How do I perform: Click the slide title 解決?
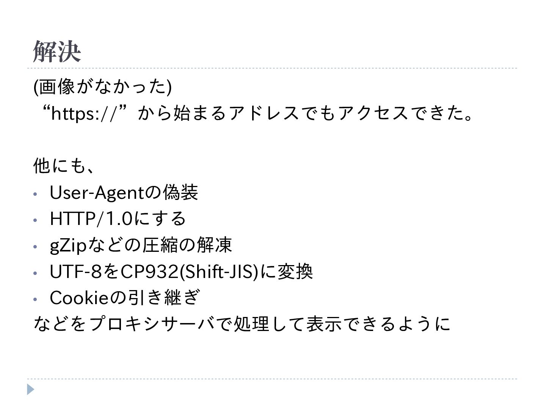(x=57, y=52)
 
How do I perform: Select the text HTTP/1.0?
(x=91, y=219)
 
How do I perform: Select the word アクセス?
(x=373, y=113)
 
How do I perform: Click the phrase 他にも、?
(x=63, y=166)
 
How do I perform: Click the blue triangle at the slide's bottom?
(x=31, y=389)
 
